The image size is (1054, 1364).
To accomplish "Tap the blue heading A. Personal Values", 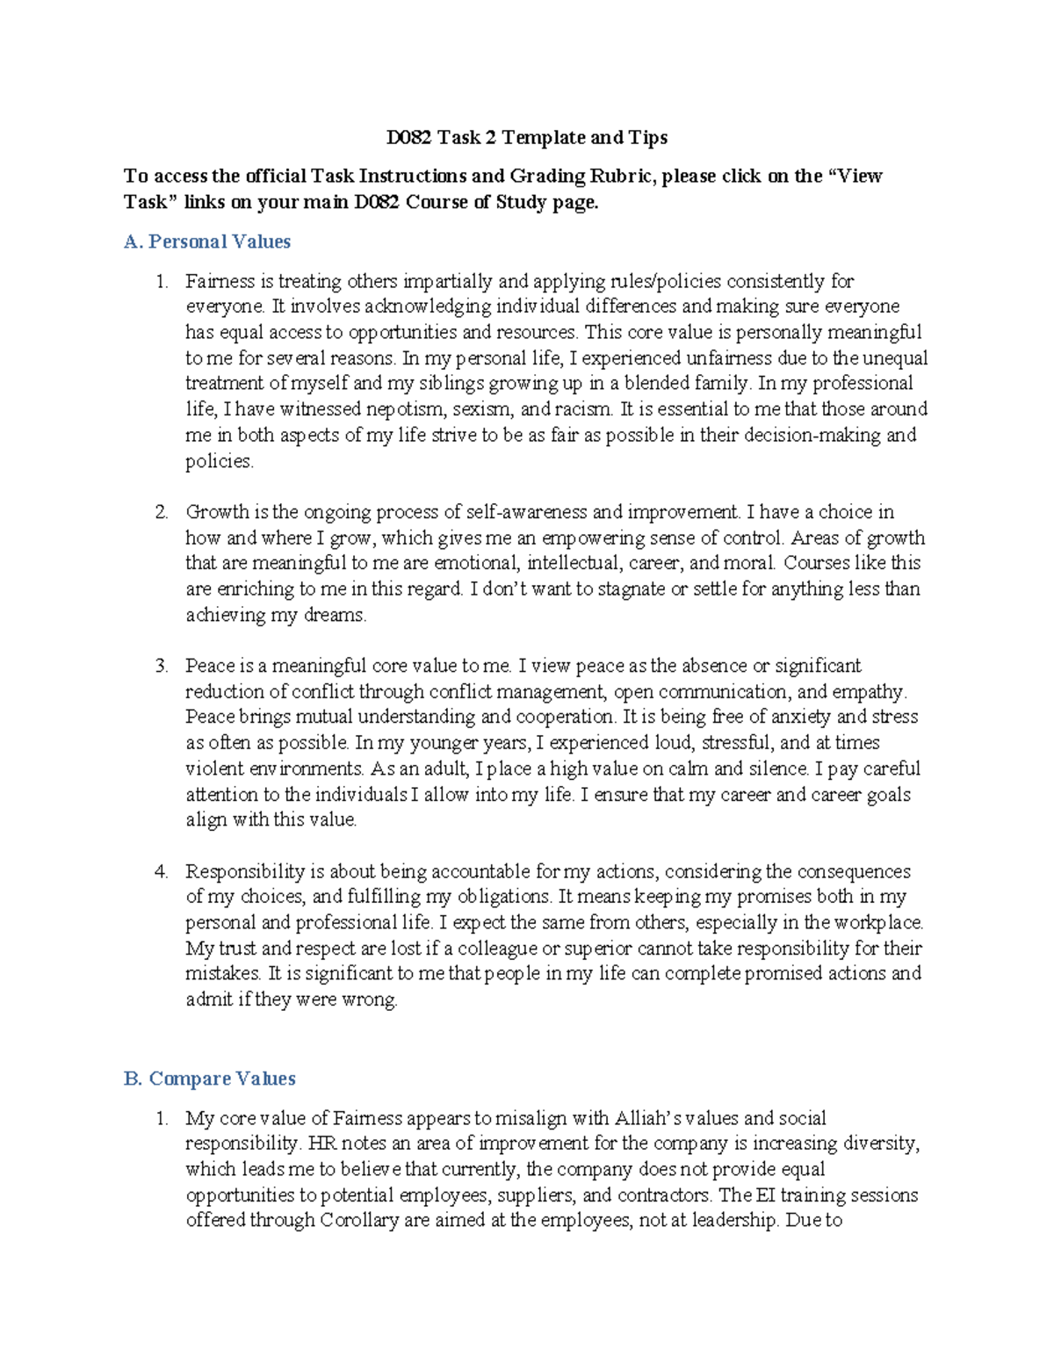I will [x=207, y=242].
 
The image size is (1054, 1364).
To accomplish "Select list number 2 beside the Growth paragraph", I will [x=161, y=512].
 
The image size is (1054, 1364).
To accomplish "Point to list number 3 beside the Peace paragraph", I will [x=161, y=666].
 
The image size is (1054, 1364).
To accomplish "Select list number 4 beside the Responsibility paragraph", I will [x=161, y=872].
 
